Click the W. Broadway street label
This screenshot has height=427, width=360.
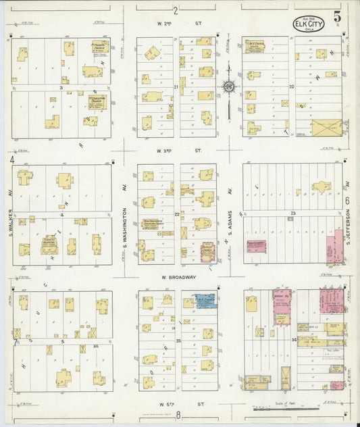pos(178,277)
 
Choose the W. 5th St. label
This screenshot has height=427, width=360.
pos(178,403)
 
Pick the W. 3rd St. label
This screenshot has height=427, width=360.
pos(178,151)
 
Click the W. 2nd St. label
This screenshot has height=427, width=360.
pos(178,24)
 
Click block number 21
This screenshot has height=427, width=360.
pos(176,87)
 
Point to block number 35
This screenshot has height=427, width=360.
pos(178,341)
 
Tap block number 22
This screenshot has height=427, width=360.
pos(177,214)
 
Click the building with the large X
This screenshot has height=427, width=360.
pos(326,127)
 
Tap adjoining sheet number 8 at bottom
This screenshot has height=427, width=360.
pos(178,414)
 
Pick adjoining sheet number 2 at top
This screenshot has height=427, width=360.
pos(175,10)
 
